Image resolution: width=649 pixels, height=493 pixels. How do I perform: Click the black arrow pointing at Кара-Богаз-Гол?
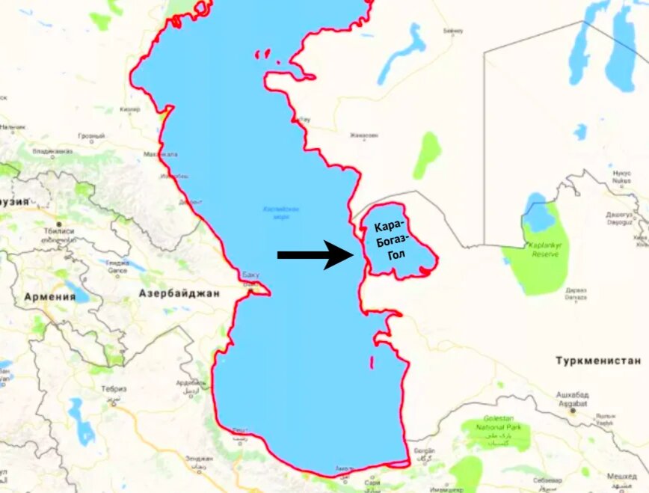click(315, 254)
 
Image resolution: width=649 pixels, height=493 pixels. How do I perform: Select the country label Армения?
click(50, 297)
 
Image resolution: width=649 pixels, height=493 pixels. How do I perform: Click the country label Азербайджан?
click(179, 293)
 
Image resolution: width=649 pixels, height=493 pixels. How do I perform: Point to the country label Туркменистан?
click(598, 361)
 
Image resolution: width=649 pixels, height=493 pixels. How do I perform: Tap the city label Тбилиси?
click(58, 231)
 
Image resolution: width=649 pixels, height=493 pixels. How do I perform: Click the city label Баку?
click(250, 275)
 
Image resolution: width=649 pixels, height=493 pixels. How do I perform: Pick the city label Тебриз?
click(114, 388)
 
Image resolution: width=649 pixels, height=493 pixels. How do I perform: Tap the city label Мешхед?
click(621, 476)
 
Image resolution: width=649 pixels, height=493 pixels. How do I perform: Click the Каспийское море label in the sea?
click(281, 212)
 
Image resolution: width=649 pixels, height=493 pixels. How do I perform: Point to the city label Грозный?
click(91, 136)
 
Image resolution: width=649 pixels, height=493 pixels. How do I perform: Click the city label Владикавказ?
click(52, 150)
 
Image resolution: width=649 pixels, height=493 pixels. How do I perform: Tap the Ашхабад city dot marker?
click(573, 410)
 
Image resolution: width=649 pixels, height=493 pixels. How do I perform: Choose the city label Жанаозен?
click(364, 135)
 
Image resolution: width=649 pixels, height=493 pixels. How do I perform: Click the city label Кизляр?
click(129, 109)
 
